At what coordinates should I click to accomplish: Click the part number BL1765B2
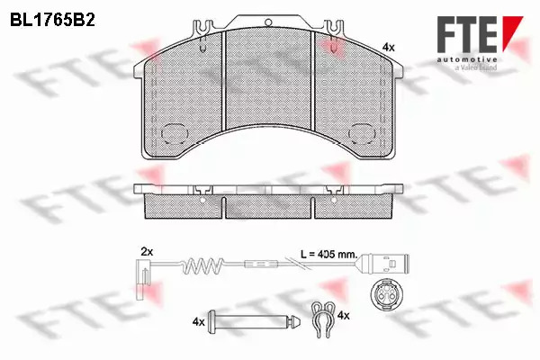(x=53, y=21)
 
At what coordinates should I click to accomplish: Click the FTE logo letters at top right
(x=467, y=34)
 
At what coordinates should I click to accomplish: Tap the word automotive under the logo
(x=467, y=60)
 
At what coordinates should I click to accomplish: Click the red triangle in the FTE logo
(x=512, y=31)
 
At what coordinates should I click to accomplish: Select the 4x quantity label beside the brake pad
(x=389, y=47)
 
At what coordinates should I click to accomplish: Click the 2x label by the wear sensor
(x=147, y=252)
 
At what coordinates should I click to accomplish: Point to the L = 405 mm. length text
(x=328, y=255)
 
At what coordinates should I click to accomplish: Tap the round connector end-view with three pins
(x=384, y=293)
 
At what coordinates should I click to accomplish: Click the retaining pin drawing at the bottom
(x=254, y=321)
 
